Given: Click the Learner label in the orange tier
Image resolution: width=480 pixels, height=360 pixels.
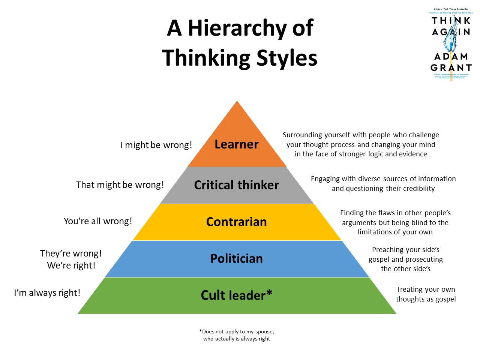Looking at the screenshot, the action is (x=236, y=144).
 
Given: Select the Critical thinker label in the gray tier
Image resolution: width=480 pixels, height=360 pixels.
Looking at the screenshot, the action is (x=236, y=185).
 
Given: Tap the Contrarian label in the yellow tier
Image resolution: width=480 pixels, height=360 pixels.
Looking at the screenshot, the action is (x=236, y=222).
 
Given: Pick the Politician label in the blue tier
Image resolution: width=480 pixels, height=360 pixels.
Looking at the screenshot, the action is (x=236, y=258).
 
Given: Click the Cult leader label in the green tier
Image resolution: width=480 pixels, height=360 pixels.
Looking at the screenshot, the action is (x=233, y=295).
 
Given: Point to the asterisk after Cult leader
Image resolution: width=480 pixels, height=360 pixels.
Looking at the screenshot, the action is (x=269, y=293).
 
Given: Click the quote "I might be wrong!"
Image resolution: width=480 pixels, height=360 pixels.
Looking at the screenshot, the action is (x=156, y=145).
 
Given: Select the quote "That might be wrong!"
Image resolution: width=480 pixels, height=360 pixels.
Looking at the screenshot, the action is (x=120, y=185).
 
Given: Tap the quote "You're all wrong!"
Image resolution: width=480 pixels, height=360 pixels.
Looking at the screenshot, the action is (x=98, y=221).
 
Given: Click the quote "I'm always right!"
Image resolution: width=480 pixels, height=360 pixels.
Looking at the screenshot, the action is (x=47, y=293).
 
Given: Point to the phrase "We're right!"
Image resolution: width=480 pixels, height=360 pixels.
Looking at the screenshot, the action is (x=71, y=265).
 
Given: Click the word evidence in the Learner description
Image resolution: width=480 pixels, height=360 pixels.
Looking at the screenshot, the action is (x=412, y=154).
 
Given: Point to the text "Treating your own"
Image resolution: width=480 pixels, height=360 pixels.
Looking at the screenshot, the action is (x=426, y=289).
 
